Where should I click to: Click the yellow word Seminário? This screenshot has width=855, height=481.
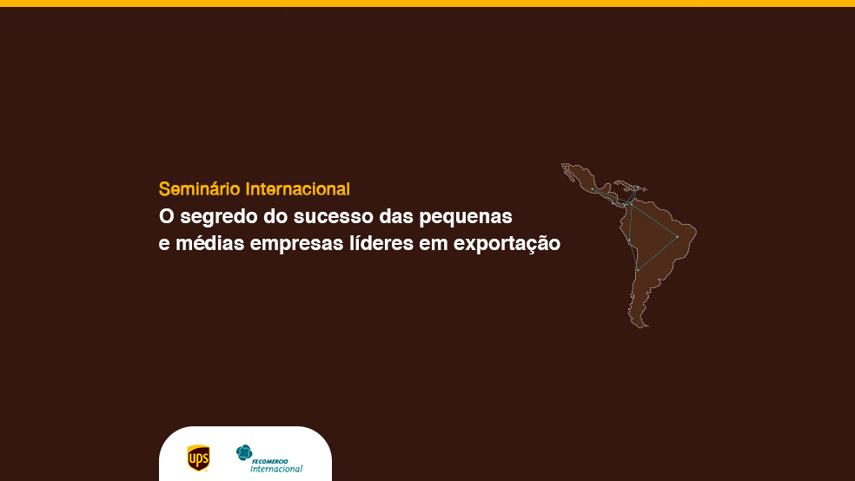[200, 189]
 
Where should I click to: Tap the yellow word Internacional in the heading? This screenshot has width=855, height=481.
[298, 189]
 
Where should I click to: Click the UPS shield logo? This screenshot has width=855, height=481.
[198, 458]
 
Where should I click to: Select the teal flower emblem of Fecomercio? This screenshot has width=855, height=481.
[244, 452]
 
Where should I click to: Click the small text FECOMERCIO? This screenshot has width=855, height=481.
[270, 461]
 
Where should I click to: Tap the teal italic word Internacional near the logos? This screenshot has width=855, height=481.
[276, 469]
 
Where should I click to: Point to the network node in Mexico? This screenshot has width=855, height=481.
[593, 189]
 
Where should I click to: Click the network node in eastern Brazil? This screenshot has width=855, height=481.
[677, 236]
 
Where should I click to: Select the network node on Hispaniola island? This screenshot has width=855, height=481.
[638, 188]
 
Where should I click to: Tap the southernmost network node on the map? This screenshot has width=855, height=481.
[638, 270]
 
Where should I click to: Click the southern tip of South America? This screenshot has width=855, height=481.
[644, 326]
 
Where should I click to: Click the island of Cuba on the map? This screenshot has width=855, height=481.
[623, 183]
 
